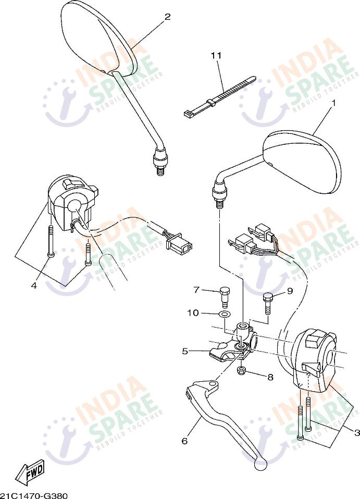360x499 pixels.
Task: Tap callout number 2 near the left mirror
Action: pyautogui.click(x=167, y=17)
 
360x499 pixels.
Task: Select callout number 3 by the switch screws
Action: pyautogui.click(x=357, y=432)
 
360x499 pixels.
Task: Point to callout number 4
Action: pyautogui.click(x=34, y=285)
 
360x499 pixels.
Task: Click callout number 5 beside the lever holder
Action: pyautogui.click(x=185, y=351)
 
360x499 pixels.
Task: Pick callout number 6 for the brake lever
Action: pyautogui.click(x=184, y=441)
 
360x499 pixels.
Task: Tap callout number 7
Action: pyautogui.click(x=196, y=290)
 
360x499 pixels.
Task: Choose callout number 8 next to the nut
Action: pyautogui.click(x=270, y=377)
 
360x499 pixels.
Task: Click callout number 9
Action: pyautogui.click(x=290, y=291)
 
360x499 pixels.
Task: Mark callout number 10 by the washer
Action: pyautogui.click(x=193, y=313)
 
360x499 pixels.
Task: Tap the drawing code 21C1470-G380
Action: pyautogui.click(x=34, y=495)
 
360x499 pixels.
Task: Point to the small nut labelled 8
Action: pyautogui.click(x=241, y=371)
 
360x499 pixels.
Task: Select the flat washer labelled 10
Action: pyautogui.click(x=225, y=315)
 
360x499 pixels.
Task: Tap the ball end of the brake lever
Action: pyautogui.click(x=260, y=461)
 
